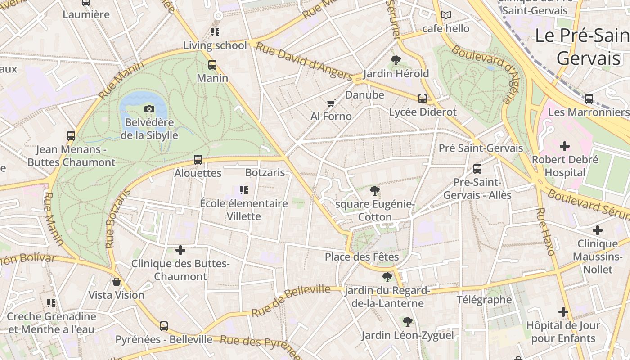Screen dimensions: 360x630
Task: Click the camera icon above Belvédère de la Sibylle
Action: pyautogui.click(x=149, y=109)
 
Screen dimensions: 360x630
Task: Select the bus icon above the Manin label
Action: pyautogui.click(x=212, y=65)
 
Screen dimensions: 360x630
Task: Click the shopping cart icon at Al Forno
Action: pyautogui.click(x=331, y=103)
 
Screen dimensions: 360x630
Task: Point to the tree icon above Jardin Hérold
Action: pyautogui.click(x=396, y=60)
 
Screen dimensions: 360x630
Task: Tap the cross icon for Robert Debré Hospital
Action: pyautogui.click(x=564, y=146)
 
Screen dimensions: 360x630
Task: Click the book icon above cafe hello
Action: pyautogui.click(x=445, y=15)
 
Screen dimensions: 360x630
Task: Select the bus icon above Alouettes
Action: pyautogui.click(x=198, y=160)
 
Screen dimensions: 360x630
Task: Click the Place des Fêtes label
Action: pyautogui.click(x=362, y=257)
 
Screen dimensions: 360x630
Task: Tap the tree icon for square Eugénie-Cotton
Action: pyautogui.click(x=374, y=191)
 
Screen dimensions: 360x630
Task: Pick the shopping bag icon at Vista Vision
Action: pyautogui.click(x=117, y=282)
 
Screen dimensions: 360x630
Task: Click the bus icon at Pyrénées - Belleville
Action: pyautogui.click(x=164, y=326)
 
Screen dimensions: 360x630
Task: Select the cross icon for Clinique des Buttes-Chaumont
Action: pyautogui.click(x=180, y=250)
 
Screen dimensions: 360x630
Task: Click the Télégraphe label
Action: pyautogui.click(x=484, y=300)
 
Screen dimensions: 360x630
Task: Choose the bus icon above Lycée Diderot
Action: pyautogui.click(x=422, y=99)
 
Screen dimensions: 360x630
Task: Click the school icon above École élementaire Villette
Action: pyautogui.click(x=244, y=190)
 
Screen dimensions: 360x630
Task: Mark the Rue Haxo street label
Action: pyautogui.click(x=545, y=231)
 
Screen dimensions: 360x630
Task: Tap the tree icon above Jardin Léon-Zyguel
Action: pyautogui.click(x=408, y=322)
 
